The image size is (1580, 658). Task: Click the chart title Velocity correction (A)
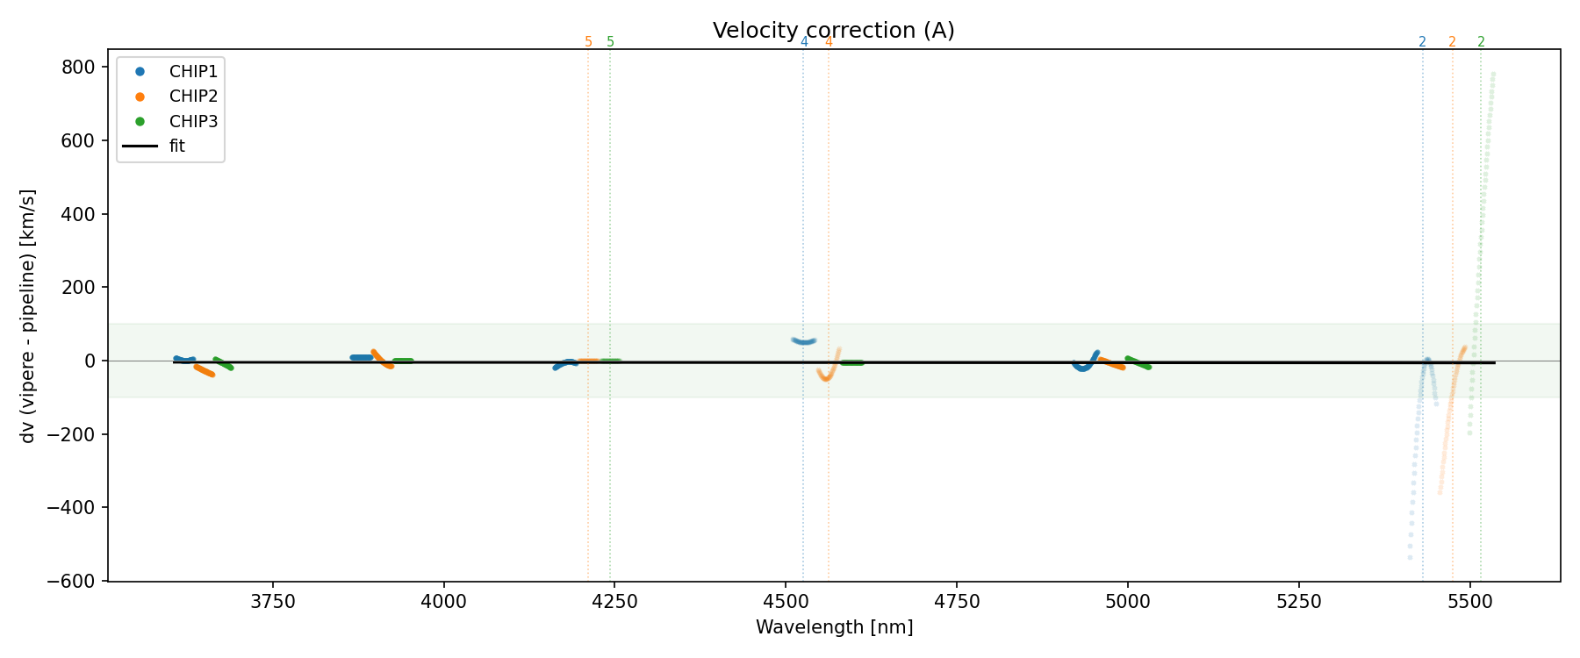833,31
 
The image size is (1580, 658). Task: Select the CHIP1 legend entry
193,71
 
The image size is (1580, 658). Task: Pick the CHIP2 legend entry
193,97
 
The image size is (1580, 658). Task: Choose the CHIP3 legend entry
193,121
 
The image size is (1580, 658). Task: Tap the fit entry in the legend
177,147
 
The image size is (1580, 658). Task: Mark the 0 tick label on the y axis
90,361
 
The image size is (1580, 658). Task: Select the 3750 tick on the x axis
273,601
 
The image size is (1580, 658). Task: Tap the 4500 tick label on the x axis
786,601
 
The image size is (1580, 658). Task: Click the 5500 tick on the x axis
1469,601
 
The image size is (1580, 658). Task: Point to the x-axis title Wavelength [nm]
834,627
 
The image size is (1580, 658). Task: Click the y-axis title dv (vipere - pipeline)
28,316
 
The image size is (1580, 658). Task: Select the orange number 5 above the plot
588,42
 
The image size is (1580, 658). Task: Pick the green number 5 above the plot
611,42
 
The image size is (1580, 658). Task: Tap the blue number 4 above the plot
804,42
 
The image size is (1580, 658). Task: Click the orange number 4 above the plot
829,42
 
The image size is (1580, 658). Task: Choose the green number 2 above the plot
1482,42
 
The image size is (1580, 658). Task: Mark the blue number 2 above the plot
1422,42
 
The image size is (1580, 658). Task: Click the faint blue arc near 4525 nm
803,340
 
